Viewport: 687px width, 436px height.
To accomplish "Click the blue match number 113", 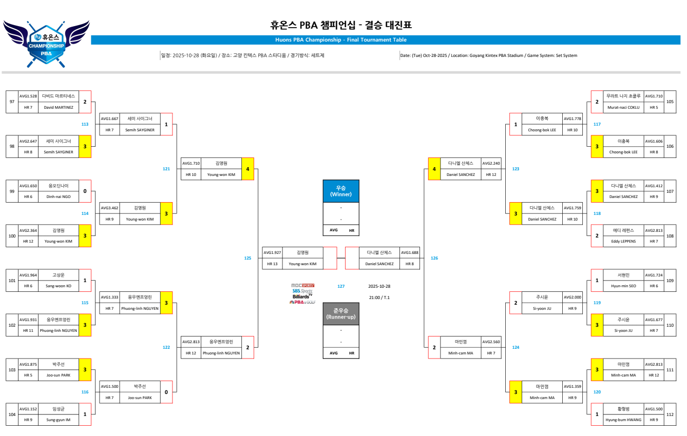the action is click(85, 124).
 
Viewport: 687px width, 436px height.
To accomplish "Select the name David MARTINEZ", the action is click(59, 108).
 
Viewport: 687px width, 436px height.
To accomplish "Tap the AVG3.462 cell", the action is click(109, 208).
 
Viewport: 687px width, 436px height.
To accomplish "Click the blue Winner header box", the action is click(341, 191).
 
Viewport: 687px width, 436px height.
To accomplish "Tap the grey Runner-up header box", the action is click(341, 314).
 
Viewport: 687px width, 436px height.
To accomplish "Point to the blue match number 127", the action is click(341, 286).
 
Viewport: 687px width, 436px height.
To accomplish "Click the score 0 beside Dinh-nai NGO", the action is click(85, 191).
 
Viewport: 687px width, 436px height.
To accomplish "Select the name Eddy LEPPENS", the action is click(623, 241).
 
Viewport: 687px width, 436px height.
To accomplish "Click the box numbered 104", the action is click(12, 414).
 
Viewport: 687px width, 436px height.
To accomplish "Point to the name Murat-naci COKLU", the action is click(623, 108).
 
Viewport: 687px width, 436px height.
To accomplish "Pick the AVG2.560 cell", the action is click(491, 342).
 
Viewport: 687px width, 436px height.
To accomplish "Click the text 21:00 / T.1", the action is click(379, 298).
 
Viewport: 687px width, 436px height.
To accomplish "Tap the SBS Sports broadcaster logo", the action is click(302, 291).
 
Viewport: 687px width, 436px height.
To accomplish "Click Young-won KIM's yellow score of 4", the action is click(247, 169).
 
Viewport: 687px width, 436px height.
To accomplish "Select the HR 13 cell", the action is click(272, 264).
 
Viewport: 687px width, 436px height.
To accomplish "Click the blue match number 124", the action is click(516, 347).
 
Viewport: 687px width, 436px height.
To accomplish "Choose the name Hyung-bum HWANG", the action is click(623, 420).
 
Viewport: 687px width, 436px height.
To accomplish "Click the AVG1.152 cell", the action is click(28, 409).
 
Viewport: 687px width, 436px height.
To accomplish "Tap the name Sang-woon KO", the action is click(59, 286).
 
